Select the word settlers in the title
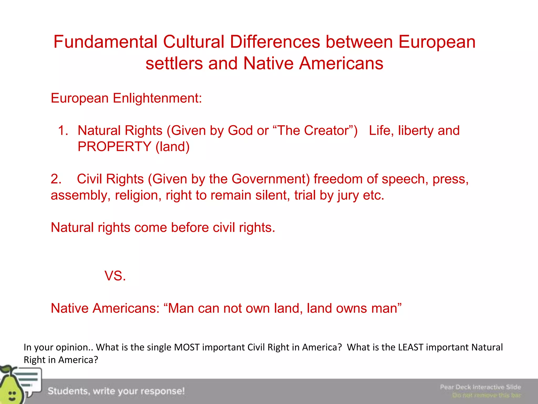click(x=174, y=63)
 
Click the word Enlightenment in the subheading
click(x=157, y=98)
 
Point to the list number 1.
click(x=63, y=130)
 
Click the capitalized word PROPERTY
click(x=115, y=147)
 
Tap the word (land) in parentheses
click(x=173, y=147)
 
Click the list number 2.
click(x=56, y=179)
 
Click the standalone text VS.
click(x=115, y=276)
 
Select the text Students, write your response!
click(x=116, y=391)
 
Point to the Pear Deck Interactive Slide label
click(x=480, y=387)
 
